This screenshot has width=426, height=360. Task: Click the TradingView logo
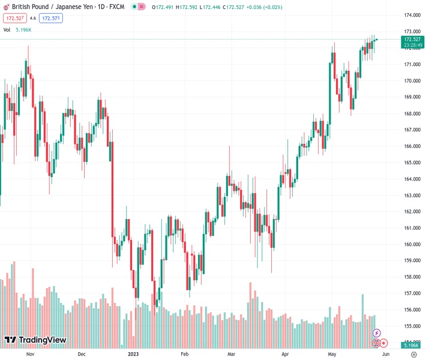(35, 340)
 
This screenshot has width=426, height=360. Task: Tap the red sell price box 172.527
(13, 18)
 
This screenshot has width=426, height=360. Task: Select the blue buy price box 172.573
(50, 18)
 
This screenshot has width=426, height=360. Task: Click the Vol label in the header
(7, 29)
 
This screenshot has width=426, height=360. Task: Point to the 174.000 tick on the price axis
(412, 15)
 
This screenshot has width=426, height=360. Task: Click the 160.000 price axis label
(412, 244)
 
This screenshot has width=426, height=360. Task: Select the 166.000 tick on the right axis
(412, 146)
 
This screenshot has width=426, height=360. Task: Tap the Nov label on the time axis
(31, 354)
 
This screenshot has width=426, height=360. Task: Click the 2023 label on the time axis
(134, 354)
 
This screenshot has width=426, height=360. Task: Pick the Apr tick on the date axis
(285, 354)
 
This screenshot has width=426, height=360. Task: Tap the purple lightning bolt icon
(377, 333)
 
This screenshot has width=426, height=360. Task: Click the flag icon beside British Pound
(5, 7)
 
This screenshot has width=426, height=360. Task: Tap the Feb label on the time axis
(184, 354)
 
